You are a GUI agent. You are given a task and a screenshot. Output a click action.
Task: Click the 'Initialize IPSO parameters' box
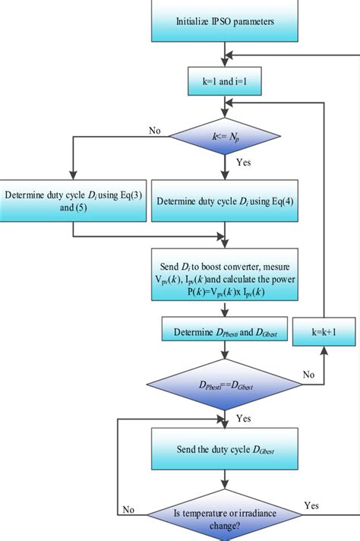(225, 21)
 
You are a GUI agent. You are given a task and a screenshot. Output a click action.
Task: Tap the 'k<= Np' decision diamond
(225, 138)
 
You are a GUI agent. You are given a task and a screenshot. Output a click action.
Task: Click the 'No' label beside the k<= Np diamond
(154, 131)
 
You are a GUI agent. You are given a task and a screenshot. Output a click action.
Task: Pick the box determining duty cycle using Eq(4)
(225, 201)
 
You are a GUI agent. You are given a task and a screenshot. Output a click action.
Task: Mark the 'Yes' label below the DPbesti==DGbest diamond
(244, 418)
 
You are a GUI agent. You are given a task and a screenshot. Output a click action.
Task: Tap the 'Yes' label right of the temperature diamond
(311, 505)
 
